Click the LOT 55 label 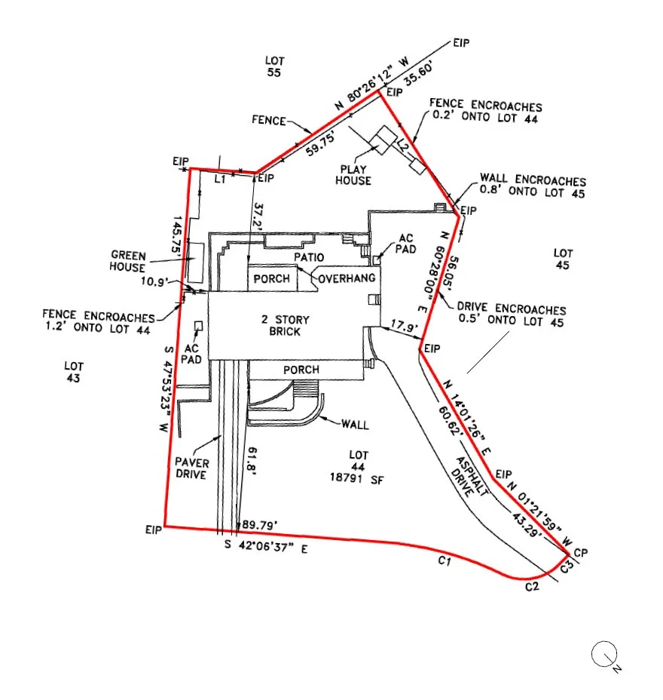tap(273, 66)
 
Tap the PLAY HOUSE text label tap(354, 175)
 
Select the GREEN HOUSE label tap(128, 262)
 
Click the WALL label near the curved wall tap(356, 425)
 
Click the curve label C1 tap(444, 562)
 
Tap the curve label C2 tap(532, 586)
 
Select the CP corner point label tap(579, 553)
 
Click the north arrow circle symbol tap(603, 654)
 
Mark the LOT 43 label tap(73, 372)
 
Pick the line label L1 tap(220, 180)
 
